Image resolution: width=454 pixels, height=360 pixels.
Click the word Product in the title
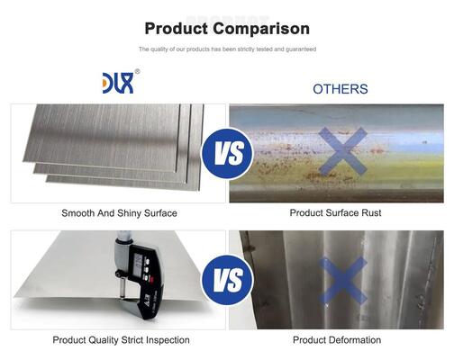click(177, 29)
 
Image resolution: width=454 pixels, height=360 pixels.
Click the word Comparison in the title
click(261, 30)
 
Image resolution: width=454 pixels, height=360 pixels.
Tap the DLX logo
click(118, 83)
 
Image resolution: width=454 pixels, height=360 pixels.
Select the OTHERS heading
click(340, 89)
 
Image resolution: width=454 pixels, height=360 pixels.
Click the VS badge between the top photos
click(227, 154)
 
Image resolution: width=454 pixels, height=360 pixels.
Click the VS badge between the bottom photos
click(227, 280)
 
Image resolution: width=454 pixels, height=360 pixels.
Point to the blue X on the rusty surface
click(342, 151)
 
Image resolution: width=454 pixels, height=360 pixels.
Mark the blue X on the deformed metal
click(342, 281)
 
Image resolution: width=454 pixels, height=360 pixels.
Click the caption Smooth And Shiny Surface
click(119, 213)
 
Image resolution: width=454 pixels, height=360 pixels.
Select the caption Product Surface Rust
click(335, 212)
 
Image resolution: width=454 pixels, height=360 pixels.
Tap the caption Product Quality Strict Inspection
click(121, 340)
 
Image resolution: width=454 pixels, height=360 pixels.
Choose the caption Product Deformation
click(337, 340)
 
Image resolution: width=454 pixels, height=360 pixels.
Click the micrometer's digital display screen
click(139, 265)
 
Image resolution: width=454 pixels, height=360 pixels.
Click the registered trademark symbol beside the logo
click(137, 71)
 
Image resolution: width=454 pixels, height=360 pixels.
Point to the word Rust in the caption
click(371, 212)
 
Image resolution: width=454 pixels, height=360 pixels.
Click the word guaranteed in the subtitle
click(301, 49)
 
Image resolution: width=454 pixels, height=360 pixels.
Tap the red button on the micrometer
click(152, 280)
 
